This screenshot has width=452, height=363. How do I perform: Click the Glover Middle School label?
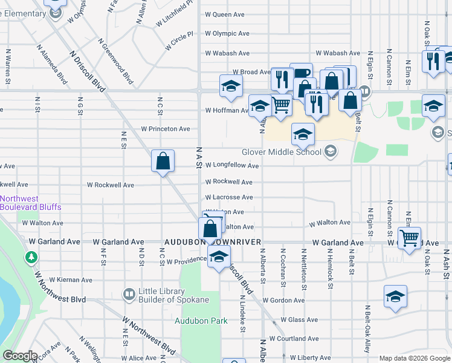click(282, 152)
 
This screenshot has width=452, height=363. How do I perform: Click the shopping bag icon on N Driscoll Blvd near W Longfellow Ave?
click(163, 161)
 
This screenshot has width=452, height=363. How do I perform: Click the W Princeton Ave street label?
click(166, 129)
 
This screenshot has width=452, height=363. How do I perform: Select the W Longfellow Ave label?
click(232, 165)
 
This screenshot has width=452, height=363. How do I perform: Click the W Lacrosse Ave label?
click(228, 197)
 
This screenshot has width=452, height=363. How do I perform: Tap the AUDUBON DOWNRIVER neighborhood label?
click(212, 242)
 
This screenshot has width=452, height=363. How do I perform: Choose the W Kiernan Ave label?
click(71, 280)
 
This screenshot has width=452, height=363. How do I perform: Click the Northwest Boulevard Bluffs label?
click(31, 203)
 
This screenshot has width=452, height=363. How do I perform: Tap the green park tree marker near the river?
click(31, 258)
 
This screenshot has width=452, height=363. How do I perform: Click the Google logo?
click(20, 356)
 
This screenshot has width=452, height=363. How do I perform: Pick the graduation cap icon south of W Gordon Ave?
click(395, 296)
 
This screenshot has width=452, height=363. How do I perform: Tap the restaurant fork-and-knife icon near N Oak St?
click(433, 61)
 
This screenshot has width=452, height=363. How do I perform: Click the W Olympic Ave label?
click(227, 34)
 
